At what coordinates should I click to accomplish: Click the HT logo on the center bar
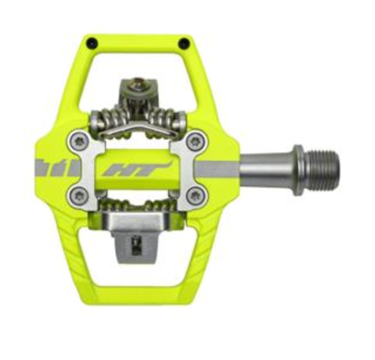point(137,168)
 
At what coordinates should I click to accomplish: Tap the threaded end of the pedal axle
point(321,170)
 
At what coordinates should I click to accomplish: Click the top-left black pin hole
point(93,43)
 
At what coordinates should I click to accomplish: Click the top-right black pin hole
point(184,43)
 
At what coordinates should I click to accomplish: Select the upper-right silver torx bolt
point(196,142)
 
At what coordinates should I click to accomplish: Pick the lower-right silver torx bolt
point(196,196)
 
